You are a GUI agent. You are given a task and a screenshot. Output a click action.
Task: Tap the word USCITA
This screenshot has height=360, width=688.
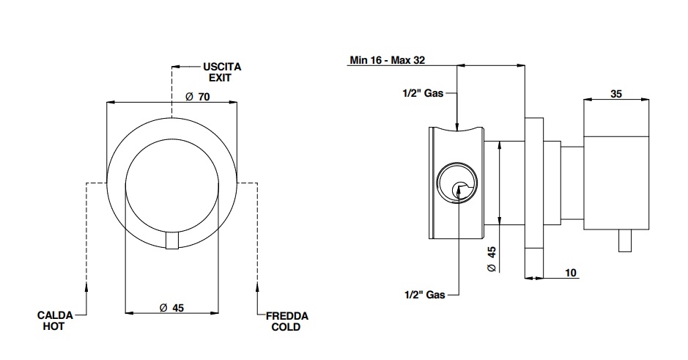pyautogui.click(x=222, y=67)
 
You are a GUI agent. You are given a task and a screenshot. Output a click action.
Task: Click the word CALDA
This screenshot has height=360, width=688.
pyautogui.click(x=55, y=315)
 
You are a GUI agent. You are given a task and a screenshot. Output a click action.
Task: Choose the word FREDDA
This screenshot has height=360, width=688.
pyautogui.click(x=286, y=316)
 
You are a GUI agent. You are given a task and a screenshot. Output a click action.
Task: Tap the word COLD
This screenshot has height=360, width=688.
pyautogui.click(x=286, y=327)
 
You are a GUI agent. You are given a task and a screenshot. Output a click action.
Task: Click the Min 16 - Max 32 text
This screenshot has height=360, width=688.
pyautogui.click(x=387, y=61)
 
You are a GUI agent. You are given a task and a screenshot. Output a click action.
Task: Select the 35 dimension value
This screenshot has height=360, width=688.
pyautogui.click(x=615, y=94)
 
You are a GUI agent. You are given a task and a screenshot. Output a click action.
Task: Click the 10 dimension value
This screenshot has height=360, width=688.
pyautogui.click(x=572, y=273)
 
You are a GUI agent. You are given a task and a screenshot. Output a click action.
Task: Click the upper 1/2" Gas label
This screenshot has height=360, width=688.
pyautogui.click(x=423, y=93)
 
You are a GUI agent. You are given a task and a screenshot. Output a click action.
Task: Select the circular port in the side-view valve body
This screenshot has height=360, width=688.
pyautogui.click(x=456, y=183)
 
